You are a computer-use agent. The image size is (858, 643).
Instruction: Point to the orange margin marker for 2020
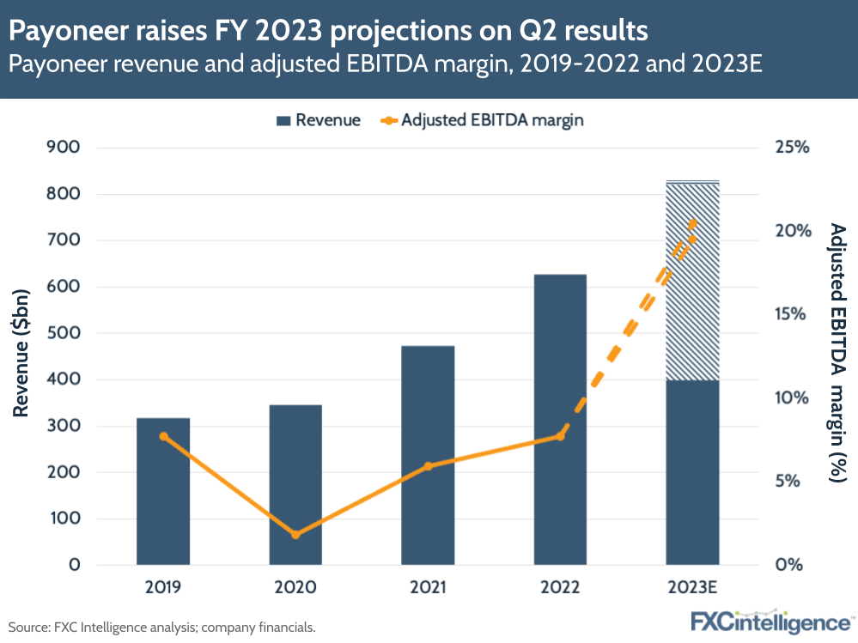(x=295, y=534)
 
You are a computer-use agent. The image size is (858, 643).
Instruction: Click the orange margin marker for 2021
(x=428, y=466)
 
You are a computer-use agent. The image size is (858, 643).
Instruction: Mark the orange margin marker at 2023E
(x=693, y=224)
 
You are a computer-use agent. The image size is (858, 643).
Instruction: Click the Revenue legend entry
(x=318, y=120)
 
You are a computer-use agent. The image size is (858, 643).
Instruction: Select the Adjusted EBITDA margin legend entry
(x=481, y=120)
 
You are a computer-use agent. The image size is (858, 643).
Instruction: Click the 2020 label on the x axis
(x=295, y=588)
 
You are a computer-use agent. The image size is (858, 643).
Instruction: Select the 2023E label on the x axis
(x=692, y=588)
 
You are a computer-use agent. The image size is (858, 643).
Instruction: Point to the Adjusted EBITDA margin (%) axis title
(x=837, y=352)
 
